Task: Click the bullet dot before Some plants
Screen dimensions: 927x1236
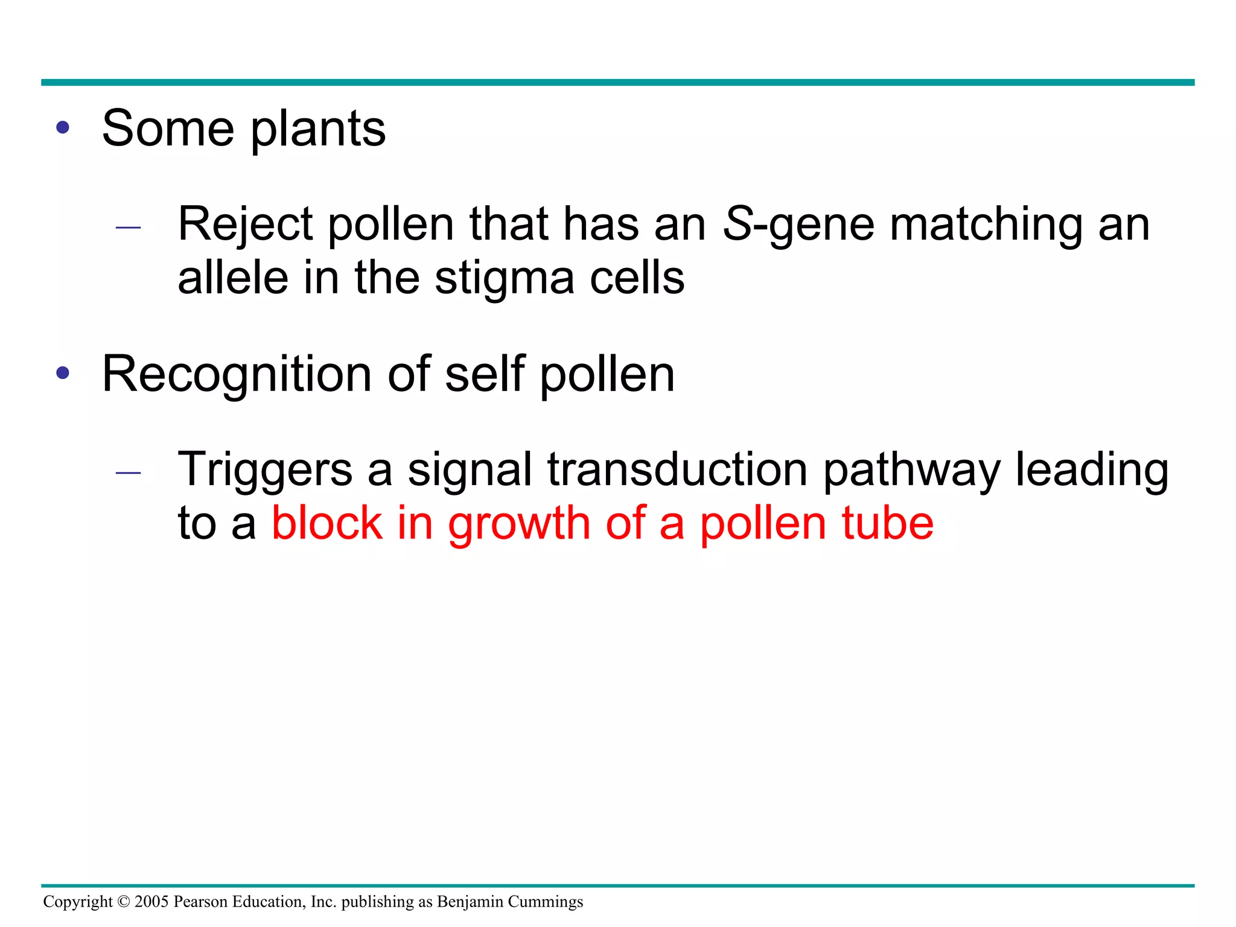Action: coord(63,128)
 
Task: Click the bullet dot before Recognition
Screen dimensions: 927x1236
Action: coord(63,373)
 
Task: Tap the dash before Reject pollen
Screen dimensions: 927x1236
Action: coord(128,228)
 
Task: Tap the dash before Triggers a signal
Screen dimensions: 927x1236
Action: coord(128,473)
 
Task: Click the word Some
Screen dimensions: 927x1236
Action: coord(168,129)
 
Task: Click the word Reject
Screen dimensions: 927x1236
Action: coord(245,225)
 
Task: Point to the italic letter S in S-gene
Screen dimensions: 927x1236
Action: coord(737,224)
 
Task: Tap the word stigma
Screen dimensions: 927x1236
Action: coord(504,279)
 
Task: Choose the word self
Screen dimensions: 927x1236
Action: coord(485,374)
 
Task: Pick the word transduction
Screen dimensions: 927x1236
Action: coord(677,470)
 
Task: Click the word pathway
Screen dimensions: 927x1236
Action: coord(911,470)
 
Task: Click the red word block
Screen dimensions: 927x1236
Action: coord(327,523)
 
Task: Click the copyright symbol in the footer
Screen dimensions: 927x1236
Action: coord(124,902)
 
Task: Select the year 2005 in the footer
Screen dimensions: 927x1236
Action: coord(151,902)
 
